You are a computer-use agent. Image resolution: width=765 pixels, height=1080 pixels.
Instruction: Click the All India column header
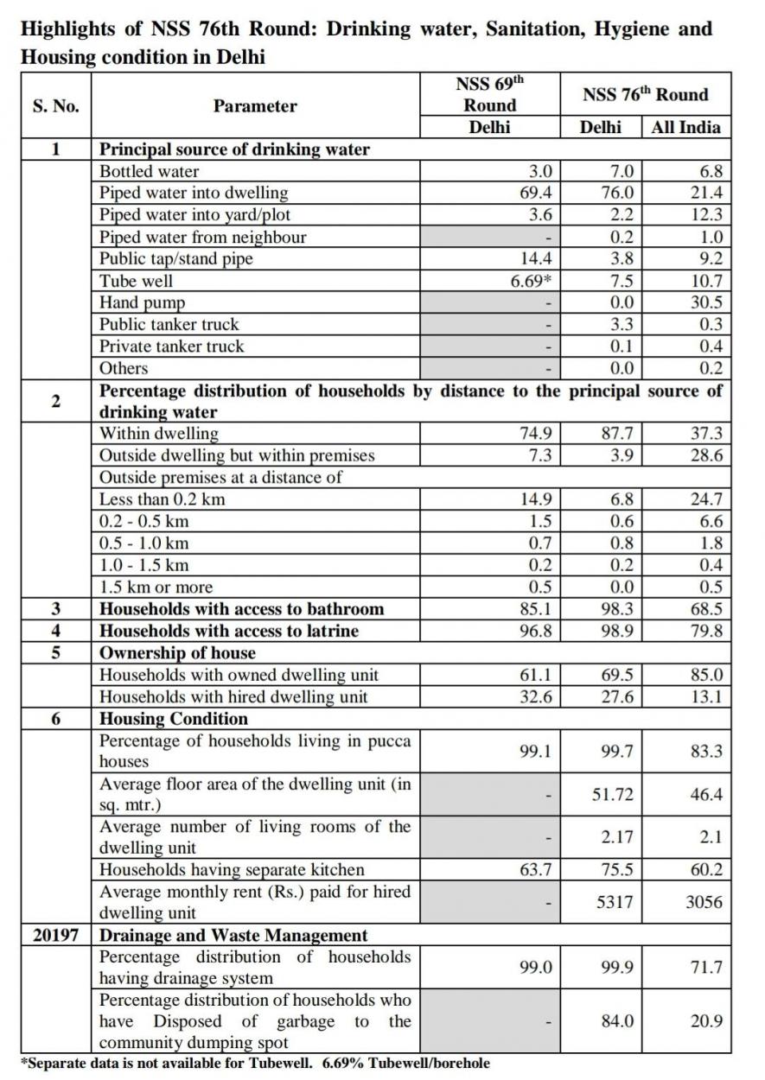[686, 127]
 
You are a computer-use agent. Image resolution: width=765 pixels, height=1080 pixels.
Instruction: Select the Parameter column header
[255, 106]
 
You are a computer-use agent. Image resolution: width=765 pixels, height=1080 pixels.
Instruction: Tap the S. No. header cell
[55, 106]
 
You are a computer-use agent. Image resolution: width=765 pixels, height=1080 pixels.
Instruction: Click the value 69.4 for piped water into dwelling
[536, 193]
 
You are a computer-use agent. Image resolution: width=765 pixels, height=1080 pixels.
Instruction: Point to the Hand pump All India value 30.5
[705, 302]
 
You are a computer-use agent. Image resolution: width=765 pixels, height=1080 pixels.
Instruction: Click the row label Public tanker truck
[169, 325]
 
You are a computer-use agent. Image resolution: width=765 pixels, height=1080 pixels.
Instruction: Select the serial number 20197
[56, 935]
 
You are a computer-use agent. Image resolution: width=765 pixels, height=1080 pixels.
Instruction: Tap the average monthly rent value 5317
[615, 902]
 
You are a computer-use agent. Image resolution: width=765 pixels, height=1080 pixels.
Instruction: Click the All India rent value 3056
[704, 902]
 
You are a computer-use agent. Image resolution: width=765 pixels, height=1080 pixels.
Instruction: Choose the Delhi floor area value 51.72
[613, 794]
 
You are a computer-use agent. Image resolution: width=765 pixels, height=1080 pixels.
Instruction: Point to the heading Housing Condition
[174, 719]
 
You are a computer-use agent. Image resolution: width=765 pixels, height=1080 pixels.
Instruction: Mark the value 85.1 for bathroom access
[536, 609]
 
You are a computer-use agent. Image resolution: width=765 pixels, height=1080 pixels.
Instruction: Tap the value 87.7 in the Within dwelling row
[617, 434]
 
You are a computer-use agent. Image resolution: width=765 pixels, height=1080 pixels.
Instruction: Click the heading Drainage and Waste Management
[233, 935]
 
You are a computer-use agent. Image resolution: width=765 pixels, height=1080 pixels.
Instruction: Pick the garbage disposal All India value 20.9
[705, 1021]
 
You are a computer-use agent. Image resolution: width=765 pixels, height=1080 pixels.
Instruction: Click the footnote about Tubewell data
[255, 1063]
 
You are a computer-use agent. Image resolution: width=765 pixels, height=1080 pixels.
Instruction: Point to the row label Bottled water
[149, 171]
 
